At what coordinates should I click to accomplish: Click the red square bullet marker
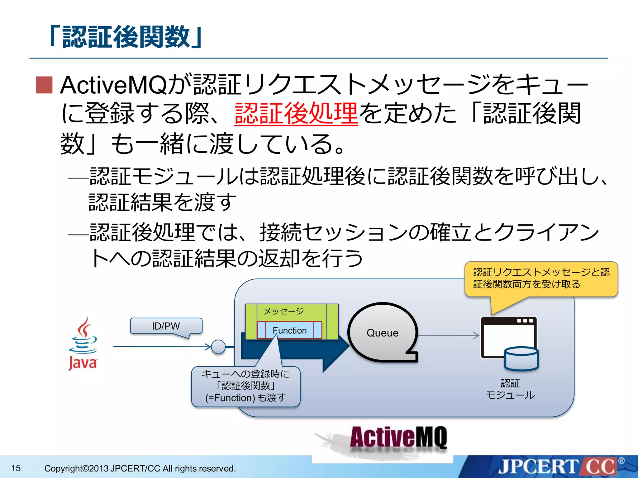pos(44,85)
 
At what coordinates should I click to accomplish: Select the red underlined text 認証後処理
pos(296,113)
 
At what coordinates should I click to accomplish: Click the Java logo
pos(83,344)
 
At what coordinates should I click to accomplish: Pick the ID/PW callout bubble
pos(166,326)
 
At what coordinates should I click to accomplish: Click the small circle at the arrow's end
pos(218,347)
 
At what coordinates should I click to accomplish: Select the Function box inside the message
pos(289,330)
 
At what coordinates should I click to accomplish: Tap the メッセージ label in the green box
pos(283,311)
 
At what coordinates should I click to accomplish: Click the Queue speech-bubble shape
pos(382,333)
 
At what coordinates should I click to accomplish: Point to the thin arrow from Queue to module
pos(449,335)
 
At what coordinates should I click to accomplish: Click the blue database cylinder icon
pos(521,359)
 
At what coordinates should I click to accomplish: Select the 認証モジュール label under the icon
pos(510,389)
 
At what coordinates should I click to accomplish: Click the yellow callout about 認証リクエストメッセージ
pos(541,278)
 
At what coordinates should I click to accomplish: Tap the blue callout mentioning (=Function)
pos(245,386)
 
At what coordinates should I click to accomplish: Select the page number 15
pos(16,468)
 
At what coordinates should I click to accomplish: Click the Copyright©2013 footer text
pos(140,468)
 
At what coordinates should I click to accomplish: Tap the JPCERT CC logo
pos(558,467)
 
